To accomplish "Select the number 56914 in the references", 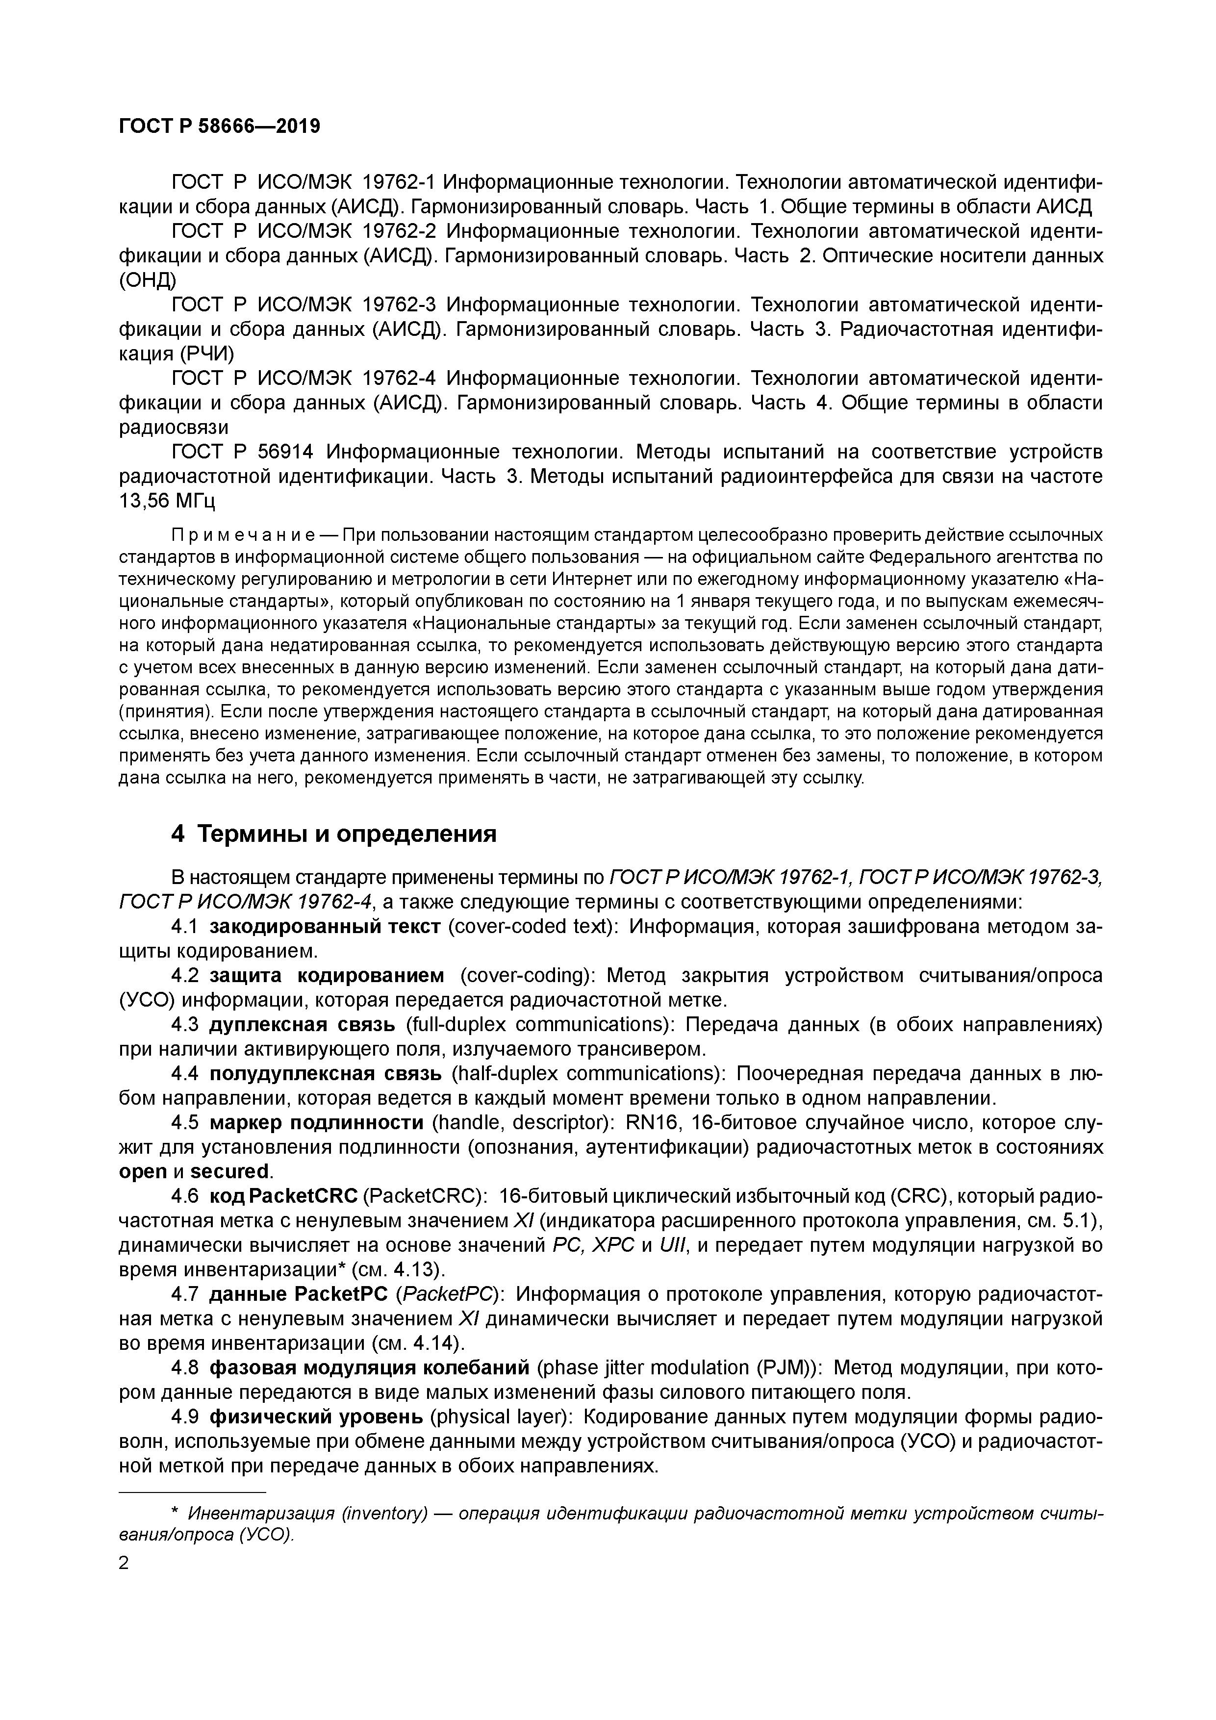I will [x=285, y=453].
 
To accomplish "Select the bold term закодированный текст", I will [x=325, y=927].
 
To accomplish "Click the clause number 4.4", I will [x=184, y=1073].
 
